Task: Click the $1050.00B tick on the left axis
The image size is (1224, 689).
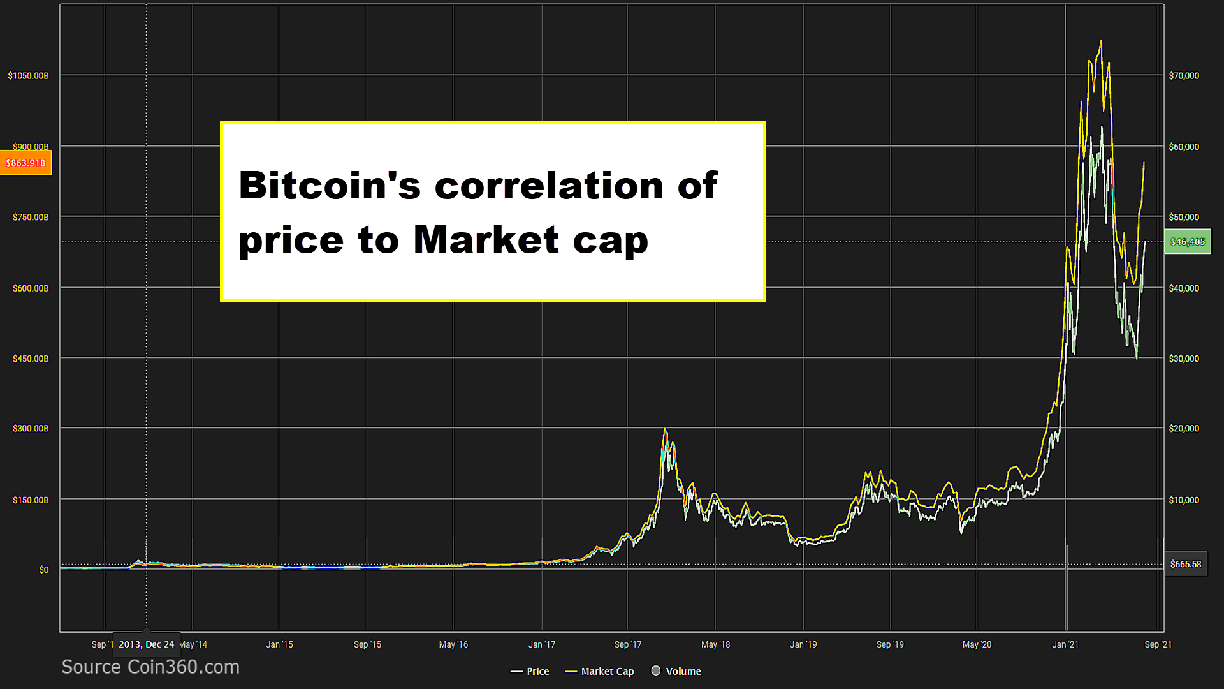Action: tap(28, 76)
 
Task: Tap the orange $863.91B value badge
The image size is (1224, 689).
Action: tap(25, 163)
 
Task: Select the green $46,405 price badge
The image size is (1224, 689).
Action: tap(1188, 242)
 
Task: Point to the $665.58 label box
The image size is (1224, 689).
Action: tap(1186, 564)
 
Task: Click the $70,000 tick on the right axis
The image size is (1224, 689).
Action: tap(1184, 76)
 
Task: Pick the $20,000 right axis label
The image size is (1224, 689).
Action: tap(1184, 428)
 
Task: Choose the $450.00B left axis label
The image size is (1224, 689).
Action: tap(31, 359)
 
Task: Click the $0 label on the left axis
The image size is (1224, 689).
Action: tap(43, 570)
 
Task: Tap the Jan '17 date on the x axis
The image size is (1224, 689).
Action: tap(542, 644)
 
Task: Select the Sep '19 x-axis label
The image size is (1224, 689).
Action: tap(890, 644)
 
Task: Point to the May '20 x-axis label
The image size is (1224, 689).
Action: tap(977, 644)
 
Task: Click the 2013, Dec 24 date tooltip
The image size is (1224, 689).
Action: tap(146, 644)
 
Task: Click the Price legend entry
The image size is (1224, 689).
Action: tap(530, 671)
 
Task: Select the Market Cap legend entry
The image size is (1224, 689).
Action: tap(600, 671)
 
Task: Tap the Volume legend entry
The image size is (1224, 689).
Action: tap(676, 671)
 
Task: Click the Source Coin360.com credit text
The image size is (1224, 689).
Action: tap(150, 667)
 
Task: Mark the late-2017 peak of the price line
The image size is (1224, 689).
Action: tap(665, 429)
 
